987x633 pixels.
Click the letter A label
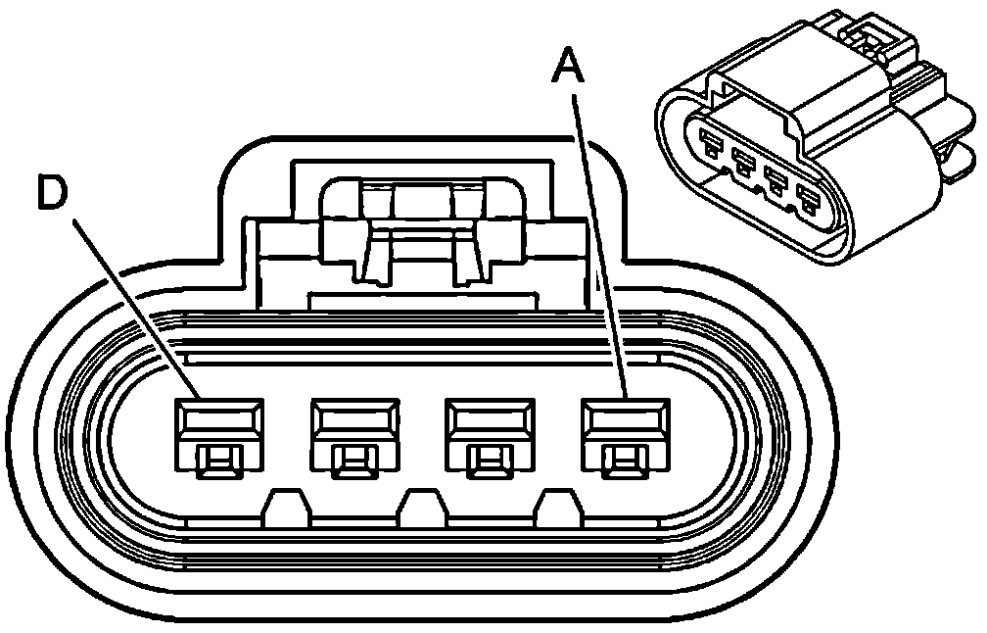coord(569,69)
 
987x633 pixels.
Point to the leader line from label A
coord(599,245)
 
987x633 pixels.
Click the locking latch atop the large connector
coord(421,230)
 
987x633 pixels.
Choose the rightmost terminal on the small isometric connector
coord(809,204)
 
